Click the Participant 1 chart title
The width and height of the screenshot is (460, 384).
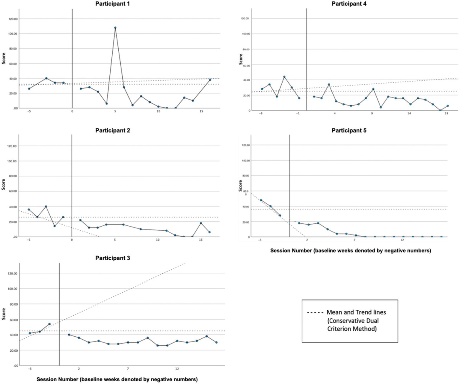[x=112, y=4]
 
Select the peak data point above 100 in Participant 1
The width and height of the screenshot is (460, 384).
[x=115, y=28]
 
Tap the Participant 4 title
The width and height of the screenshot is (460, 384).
[x=349, y=4]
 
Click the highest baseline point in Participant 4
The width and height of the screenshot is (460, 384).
[x=284, y=77]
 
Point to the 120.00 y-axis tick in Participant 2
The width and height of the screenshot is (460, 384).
[x=13, y=146]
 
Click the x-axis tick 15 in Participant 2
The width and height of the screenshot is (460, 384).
[x=201, y=240]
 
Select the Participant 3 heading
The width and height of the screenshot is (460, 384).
[x=112, y=258]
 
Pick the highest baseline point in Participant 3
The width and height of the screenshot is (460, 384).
[x=49, y=324]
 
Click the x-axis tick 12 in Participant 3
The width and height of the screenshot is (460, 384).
[x=177, y=369]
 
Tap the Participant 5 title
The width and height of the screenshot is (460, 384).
[x=349, y=131]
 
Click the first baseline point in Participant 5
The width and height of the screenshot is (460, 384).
[x=261, y=200]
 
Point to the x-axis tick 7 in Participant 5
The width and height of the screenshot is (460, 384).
[x=355, y=240]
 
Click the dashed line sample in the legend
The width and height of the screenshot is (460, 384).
[x=315, y=313]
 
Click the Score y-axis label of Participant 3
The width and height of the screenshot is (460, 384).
[x=4, y=314]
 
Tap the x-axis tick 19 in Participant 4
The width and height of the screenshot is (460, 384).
[x=446, y=114]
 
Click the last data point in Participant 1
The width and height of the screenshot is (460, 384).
[x=210, y=80]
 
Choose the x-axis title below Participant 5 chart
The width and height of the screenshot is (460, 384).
[x=350, y=251]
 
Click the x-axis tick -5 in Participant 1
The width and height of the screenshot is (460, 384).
[x=29, y=111]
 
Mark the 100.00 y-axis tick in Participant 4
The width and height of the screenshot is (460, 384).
[x=246, y=34]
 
